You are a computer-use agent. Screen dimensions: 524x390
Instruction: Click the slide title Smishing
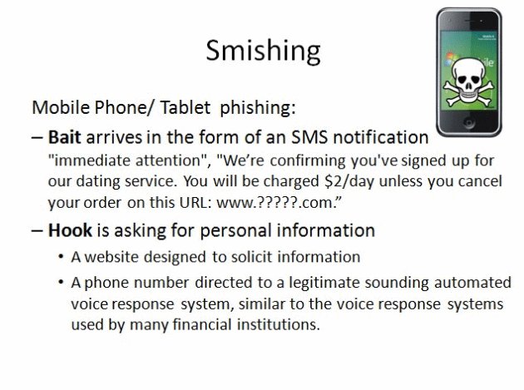(263, 51)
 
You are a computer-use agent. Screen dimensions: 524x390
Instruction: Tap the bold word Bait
(65, 137)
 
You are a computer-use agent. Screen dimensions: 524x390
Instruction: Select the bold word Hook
(70, 230)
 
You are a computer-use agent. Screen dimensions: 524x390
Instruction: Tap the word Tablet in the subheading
(185, 107)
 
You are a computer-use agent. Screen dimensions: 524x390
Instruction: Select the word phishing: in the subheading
(258, 108)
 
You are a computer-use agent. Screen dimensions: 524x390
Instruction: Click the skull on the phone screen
(468, 81)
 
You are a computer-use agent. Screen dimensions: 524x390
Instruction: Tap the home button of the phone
(469, 122)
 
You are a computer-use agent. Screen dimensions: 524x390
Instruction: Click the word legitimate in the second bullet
(324, 283)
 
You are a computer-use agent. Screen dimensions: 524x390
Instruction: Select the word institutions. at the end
(279, 324)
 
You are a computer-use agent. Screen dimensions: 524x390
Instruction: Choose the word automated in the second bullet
(472, 283)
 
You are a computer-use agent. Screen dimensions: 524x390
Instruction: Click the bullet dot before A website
(61, 257)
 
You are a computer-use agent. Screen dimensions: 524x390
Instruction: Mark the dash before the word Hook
(37, 231)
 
